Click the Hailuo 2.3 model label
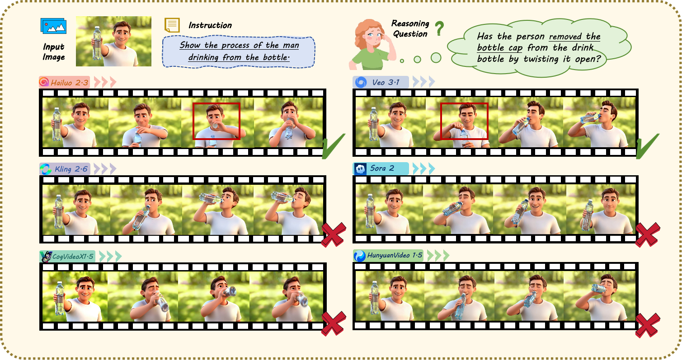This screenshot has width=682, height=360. coord(64,82)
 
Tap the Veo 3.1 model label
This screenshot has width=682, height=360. coord(381,82)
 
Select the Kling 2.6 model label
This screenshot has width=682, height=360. coord(65,169)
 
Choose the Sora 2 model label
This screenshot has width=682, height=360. coord(381,168)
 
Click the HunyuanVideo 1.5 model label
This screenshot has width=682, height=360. coord(388,256)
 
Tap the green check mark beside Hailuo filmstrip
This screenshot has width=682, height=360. coord(334,146)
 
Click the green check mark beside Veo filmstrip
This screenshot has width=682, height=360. coord(648,146)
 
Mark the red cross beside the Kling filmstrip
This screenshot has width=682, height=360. coord(334,234)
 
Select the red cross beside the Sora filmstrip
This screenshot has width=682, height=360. coord(648,234)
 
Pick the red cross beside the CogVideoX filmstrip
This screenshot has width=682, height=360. coord(334,323)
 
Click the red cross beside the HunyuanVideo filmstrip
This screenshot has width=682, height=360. coord(648,325)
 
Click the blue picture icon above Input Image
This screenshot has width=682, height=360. coord(53,26)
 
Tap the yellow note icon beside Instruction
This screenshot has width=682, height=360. coord(172,25)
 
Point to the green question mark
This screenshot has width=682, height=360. coord(439,28)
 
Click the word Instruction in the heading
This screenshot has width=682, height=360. coord(210,25)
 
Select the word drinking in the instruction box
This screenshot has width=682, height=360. coord(203,57)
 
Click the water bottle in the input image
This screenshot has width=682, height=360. coord(97,43)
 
